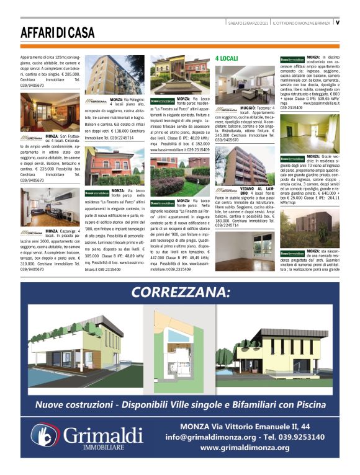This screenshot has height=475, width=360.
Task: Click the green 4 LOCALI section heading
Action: pyautogui.click(x=226, y=58)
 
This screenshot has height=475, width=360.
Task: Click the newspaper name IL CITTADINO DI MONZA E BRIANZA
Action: pyautogui.click(x=301, y=23)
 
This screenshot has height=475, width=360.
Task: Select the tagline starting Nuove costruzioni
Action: pyautogui.click(x=180, y=404)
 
